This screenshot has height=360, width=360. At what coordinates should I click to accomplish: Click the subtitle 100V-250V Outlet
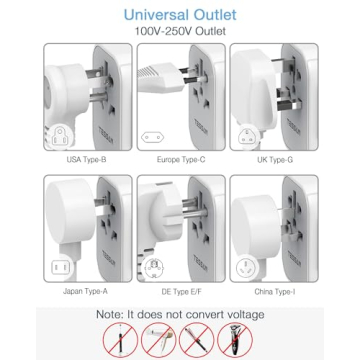pos(180,31)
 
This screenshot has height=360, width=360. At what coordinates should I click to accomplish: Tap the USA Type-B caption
pos(88,159)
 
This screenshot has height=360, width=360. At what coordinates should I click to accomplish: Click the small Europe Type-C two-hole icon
pos(153,137)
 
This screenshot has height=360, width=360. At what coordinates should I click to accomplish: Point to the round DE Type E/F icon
pos(153,267)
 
